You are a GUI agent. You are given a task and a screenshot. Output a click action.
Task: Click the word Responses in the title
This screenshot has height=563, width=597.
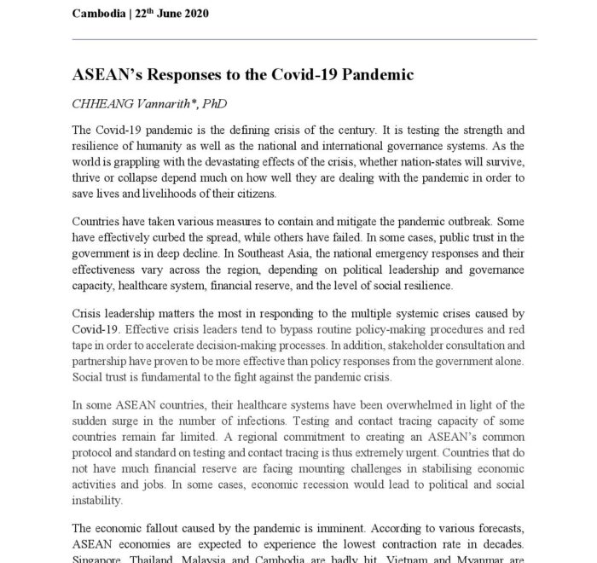click(x=178, y=74)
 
